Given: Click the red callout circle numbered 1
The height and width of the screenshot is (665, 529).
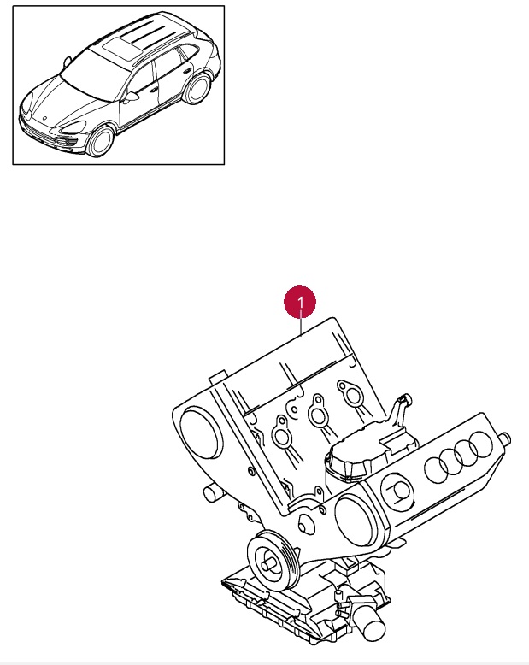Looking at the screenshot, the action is [300, 302].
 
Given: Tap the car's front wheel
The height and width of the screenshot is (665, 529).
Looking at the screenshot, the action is [100, 141].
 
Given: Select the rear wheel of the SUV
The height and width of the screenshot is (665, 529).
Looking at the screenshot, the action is [197, 89].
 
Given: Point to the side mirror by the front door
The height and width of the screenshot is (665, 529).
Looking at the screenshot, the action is [132, 97].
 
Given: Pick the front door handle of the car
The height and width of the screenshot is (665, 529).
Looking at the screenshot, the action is [155, 90].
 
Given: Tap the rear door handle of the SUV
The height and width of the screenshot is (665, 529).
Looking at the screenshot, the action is [186, 69].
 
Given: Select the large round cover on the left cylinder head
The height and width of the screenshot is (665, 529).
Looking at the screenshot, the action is [202, 433].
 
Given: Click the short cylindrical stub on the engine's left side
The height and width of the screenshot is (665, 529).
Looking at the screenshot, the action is [213, 493].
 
